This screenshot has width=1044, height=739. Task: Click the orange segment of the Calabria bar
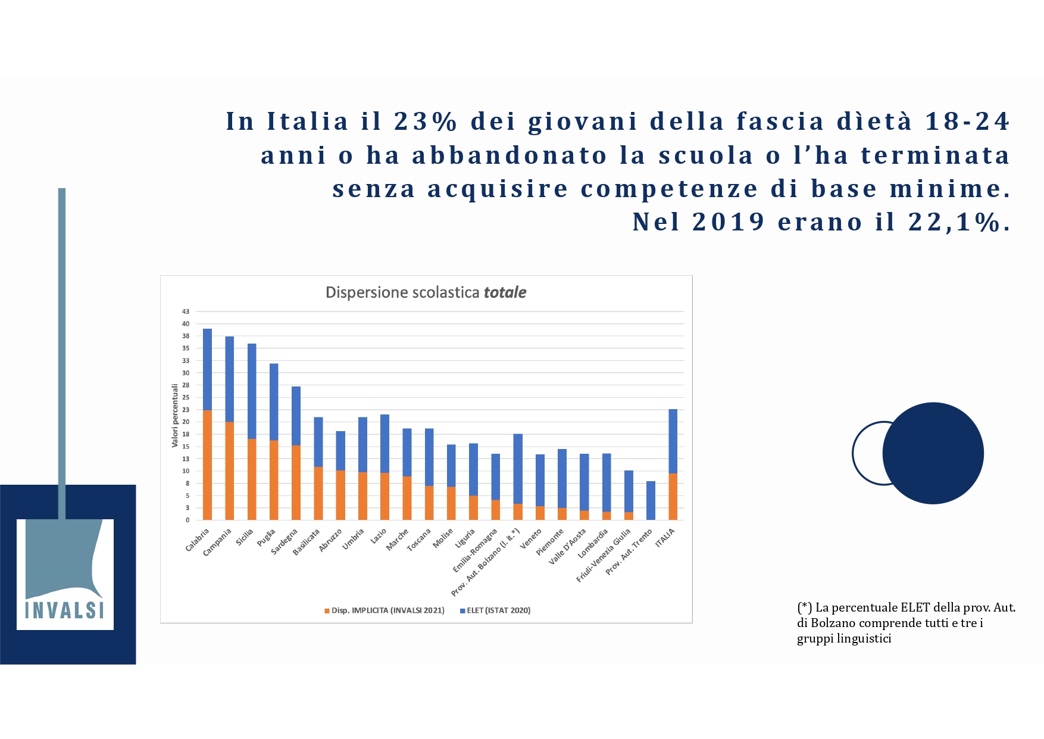click(207, 465)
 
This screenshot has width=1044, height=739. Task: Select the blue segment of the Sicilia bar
click(252, 391)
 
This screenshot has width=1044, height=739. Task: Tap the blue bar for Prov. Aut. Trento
click(651, 501)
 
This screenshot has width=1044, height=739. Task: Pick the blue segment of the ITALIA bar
click(673, 441)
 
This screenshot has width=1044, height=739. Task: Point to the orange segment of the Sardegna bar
click(296, 483)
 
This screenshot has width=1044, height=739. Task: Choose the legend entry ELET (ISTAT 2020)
click(498, 610)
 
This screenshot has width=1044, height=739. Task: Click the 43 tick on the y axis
click(186, 311)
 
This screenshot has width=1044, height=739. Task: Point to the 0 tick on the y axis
click(187, 520)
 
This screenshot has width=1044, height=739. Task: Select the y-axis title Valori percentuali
click(175, 416)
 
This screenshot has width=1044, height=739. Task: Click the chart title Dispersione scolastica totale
click(426, 292)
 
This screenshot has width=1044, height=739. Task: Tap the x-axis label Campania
click(217, 542)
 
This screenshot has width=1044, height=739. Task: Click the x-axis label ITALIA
click(665, 538)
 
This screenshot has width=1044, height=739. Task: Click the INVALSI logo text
click(65, 610)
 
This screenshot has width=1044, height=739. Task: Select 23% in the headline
click(426, 121)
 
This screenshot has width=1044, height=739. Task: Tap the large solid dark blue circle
click(933, 453)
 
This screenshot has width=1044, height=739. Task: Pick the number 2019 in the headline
click(729, 222)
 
